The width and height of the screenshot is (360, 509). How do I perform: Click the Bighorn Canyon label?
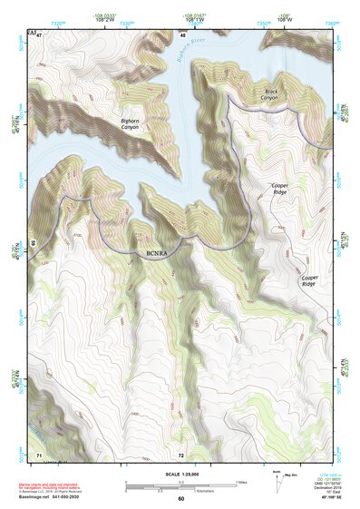click(131, 124)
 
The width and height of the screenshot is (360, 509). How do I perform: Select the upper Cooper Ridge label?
click(278, 189)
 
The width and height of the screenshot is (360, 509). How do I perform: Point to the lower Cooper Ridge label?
click(309, 281)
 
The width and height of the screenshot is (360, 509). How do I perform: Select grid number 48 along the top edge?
click(183, 34)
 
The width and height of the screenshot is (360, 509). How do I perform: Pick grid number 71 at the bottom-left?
click(38, 454)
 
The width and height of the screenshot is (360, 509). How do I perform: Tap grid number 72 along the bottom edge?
click(180, 455)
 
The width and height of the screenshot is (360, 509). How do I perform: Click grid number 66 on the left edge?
click(33, 242)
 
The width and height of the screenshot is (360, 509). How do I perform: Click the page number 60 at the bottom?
click(180, 499)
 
